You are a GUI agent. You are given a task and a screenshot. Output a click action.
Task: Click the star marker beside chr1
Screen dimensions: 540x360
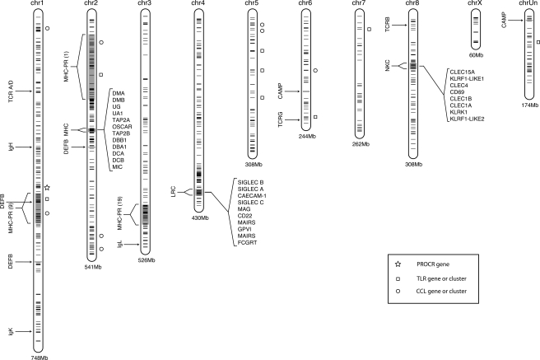click(x=47, y=188)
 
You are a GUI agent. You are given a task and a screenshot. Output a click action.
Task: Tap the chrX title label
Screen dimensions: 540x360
click(x=475, y=3)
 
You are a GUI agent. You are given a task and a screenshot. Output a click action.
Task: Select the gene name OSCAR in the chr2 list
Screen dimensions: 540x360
click(x=122, y=127)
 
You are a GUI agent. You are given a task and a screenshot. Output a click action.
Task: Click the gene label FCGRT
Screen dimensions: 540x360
click(x=247, y=242)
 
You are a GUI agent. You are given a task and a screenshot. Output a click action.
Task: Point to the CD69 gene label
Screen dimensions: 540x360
click(x=457, y=92)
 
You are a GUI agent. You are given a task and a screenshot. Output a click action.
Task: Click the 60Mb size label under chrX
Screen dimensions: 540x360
click(x=476, y=55)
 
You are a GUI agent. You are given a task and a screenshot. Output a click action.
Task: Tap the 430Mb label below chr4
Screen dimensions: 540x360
click(x=200, y=217)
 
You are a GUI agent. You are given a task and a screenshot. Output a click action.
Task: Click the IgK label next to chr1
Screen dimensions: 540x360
click(x=12, y=332)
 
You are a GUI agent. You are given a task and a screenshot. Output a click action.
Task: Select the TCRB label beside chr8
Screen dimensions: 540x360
click(x=388, y=25)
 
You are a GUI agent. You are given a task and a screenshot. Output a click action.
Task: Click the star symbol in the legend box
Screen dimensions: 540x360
click(x=398, y=264)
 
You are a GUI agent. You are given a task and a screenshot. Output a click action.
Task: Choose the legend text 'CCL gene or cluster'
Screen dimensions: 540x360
click(x=441, y=291)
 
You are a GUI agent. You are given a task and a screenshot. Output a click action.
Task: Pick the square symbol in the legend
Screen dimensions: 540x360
click(x=398, y=278)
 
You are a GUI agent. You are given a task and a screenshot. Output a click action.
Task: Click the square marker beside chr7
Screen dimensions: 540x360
click(x=370, y=30)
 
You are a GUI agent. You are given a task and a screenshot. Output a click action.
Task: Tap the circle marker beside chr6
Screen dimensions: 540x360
click(x=315, y=70)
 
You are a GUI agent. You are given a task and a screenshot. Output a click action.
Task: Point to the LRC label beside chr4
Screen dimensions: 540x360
click(x=173, y=192)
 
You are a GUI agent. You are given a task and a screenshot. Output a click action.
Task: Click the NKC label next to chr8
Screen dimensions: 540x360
click(x=388, y=65)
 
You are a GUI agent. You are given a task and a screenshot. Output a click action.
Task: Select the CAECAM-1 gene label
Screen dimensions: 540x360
click(x=252, y=196)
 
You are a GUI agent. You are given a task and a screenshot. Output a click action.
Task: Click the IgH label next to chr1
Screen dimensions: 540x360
click(x=12, y=147)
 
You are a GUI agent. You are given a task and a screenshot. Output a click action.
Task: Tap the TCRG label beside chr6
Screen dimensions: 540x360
click(x=281, y=119)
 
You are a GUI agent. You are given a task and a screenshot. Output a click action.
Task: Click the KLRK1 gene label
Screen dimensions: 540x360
click(x=459, y=112)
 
